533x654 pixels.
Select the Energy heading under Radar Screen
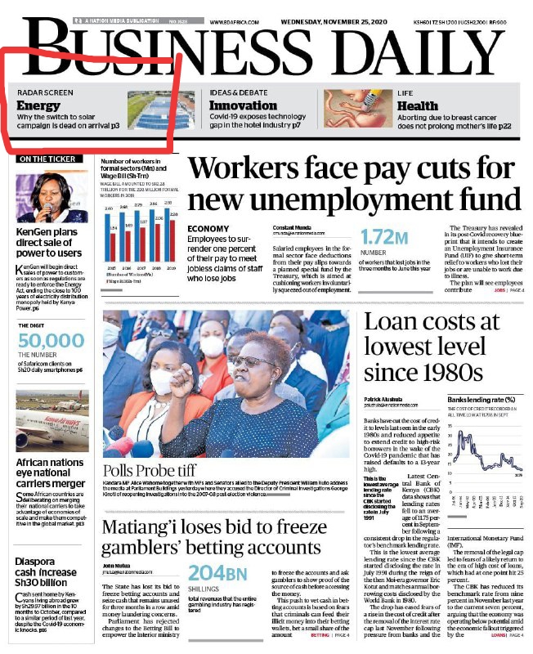tap(38, 105)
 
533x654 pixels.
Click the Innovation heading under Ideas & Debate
tap(243, 105)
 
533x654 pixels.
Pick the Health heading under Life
tap(418, 105)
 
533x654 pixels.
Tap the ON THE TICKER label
tap(50, 159)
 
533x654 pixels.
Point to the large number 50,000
tap(51, 341)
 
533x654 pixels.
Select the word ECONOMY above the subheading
tap(208, 229)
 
